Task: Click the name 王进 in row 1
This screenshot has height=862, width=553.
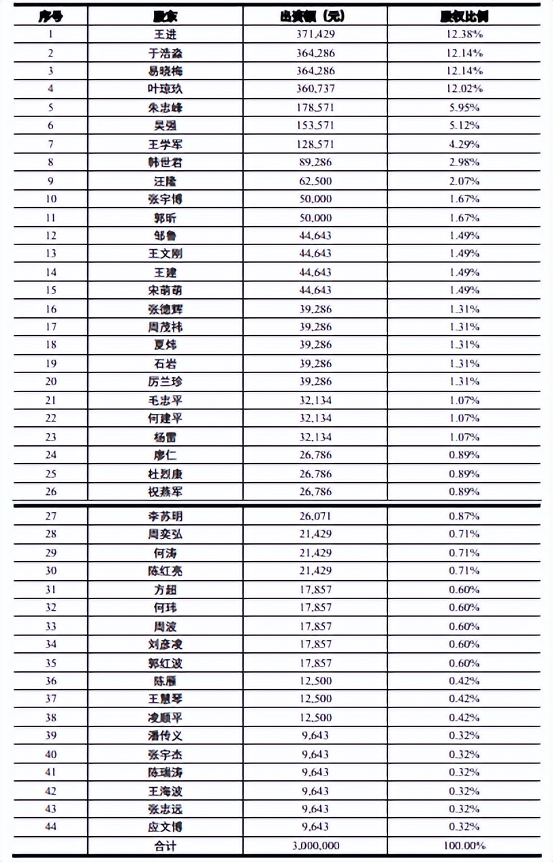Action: (x=165, y=34)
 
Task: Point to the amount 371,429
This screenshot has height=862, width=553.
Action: (x=315, y=34)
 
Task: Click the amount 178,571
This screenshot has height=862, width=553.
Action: (x=315, y=108)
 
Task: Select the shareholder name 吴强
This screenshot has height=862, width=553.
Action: (x=165, y=125)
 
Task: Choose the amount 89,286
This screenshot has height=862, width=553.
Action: (x=315, y=163)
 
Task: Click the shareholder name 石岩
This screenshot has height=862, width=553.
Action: (x=165, y=364)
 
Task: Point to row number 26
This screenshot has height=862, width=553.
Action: (x=51, y=492)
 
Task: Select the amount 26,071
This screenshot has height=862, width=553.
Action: (x=315, y=516)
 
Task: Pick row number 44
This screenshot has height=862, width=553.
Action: (x=51, y=827)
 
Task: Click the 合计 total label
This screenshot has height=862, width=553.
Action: (x=165, y=846)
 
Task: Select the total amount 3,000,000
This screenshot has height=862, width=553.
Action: (x=315, y=846)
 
